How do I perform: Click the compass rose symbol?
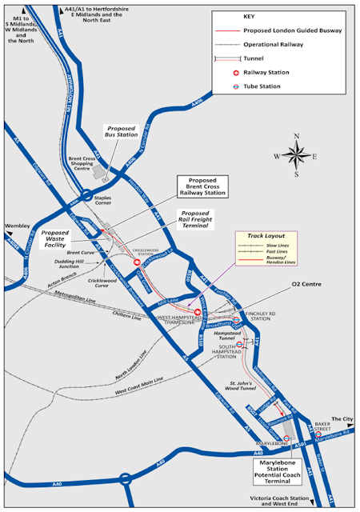coord(295,154)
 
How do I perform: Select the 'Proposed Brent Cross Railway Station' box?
coord(202,187)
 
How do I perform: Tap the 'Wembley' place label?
coord(17,226)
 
